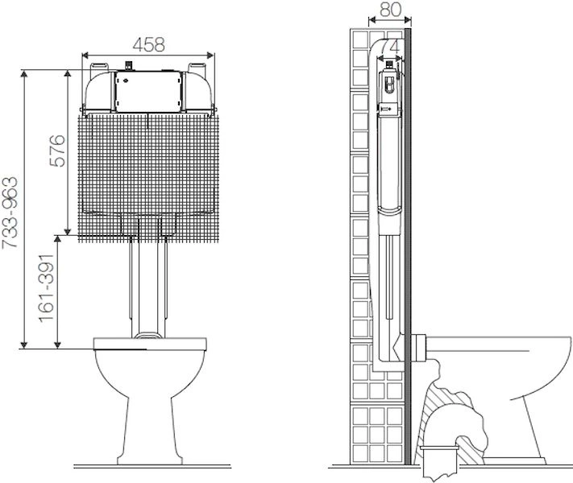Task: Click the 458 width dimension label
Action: pyautogui.click(x=149, y=45)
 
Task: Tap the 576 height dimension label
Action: pyautogui.click(x=58, y=151)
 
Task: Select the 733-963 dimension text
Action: pyautogui.click(x=10, y=213)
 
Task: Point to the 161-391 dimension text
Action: pyautogui.click(x=47, y=288)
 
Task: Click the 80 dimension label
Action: pyautogui.click(x=391, y=10)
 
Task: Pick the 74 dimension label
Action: pyautogui.click(x=389, y=47)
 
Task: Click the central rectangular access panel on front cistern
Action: pyautogui.click(x=148, y=91)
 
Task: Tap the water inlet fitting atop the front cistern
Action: pyautogui.click(x=129, y=66)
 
